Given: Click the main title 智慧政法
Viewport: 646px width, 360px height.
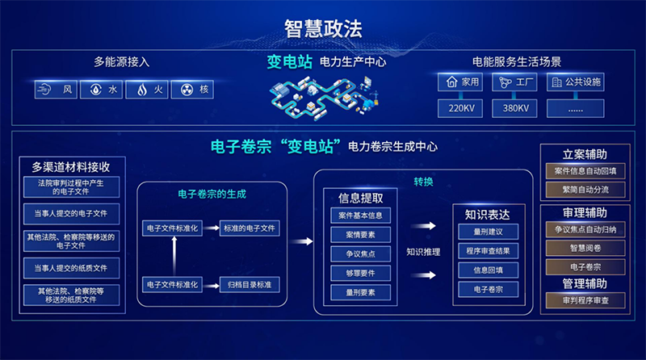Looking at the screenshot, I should coord(323,28).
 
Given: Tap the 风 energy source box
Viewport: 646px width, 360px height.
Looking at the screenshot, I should coord(57,90).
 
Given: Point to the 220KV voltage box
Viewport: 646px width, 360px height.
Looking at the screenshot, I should coord(459,108).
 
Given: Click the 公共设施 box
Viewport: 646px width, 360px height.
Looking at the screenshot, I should coord(575,82).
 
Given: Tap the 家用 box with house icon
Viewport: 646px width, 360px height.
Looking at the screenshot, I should coord(459,82).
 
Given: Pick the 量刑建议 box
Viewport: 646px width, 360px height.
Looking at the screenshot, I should coord(482,231).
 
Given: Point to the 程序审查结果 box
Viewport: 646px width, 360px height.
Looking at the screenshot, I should coord(482,250).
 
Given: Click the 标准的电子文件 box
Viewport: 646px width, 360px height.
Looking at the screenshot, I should coord(250,228).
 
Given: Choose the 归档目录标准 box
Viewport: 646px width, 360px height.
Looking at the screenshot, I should coord(250,284).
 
